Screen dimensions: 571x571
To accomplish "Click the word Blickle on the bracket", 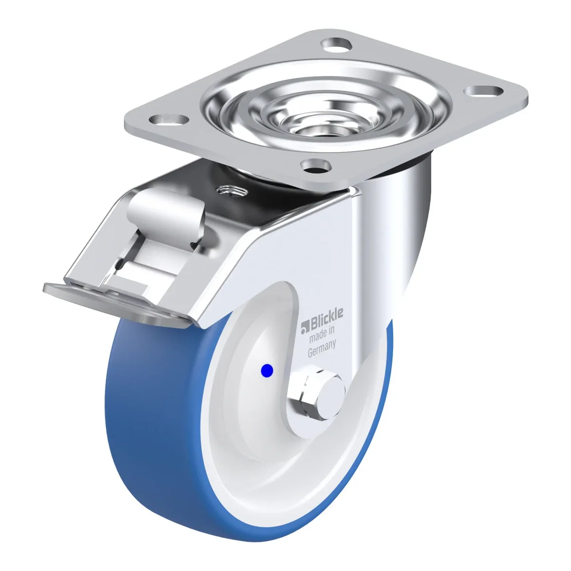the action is tap(326, 317).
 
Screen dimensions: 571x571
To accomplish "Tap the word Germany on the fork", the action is tap(322, 349).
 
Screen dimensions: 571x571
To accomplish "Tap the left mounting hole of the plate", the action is tap(168, 120).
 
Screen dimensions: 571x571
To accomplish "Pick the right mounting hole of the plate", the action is tap(483, 91).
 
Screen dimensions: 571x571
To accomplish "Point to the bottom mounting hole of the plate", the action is tap(316, 167).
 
